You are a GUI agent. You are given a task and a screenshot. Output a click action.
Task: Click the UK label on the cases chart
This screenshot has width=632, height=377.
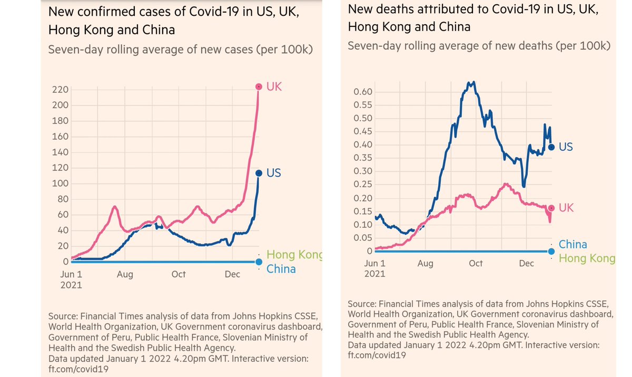(x=274, y=86)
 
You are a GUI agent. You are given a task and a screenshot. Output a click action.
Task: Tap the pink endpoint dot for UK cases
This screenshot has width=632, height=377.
(x=259, y=86)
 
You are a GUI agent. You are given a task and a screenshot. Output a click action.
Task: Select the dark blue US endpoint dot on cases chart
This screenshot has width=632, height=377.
(x=259, y=173)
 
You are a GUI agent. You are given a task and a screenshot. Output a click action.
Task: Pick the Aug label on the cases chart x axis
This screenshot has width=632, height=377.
(x=125, y=274)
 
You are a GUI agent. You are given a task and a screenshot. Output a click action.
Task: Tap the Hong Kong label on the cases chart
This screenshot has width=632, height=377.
(x=294, y=255)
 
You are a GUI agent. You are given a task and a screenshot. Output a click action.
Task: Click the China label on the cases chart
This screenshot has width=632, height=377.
(x=281, y=269)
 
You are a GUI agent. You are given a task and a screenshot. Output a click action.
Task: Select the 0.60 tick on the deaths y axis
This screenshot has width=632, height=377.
(x=362, y=92)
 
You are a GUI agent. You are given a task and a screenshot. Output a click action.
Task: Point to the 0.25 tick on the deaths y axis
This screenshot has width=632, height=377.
(x=362, y=185)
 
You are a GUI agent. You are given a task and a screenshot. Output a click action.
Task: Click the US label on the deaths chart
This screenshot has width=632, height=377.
(x=566, y=147)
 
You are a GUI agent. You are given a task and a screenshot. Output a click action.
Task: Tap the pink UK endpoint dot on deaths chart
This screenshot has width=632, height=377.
(x=551, y=208)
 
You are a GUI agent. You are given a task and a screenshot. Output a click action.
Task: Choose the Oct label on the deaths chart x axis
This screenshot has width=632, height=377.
(x=476, y=263)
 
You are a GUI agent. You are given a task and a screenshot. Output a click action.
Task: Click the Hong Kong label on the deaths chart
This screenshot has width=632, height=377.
(x=587, y=258)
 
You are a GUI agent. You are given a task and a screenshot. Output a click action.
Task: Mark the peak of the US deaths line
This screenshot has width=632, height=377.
(x=473, y=82)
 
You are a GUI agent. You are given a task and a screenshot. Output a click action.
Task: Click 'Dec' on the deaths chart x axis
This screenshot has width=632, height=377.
(x=526, y=263)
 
